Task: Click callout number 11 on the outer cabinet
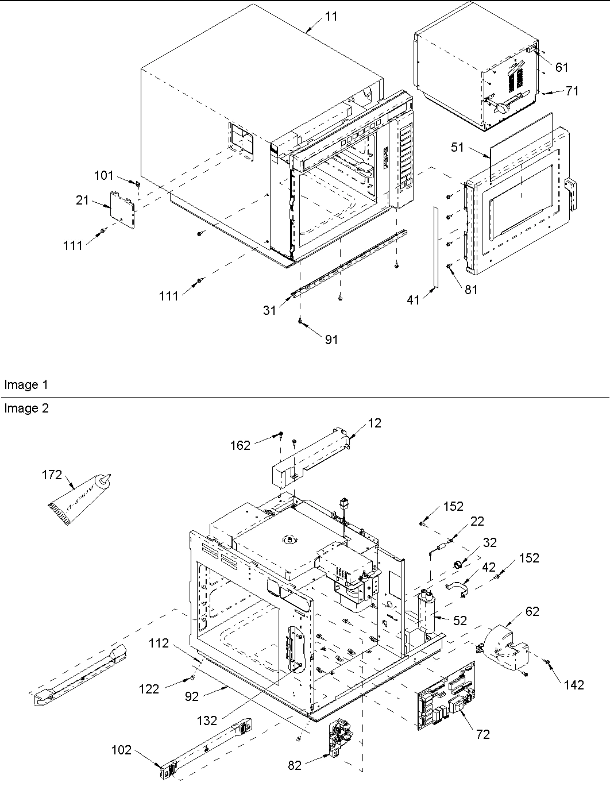pyautogui.click(x=331, y=17)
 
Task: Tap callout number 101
pyautogui.click(x=104, y=175)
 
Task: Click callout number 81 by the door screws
pyautogui.click(x=470, y=290)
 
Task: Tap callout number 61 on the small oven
pyautogui.click(x=561, y=67)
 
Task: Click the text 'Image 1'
pyautogui.click(x=26, y=385)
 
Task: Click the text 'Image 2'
pyautogui.click(x=26, y=409)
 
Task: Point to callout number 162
pyautogui.click(x=241, y=445)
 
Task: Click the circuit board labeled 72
pyautogui.click(x=446, y=696)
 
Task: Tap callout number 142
pyautogui.click(x=574, y=684)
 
